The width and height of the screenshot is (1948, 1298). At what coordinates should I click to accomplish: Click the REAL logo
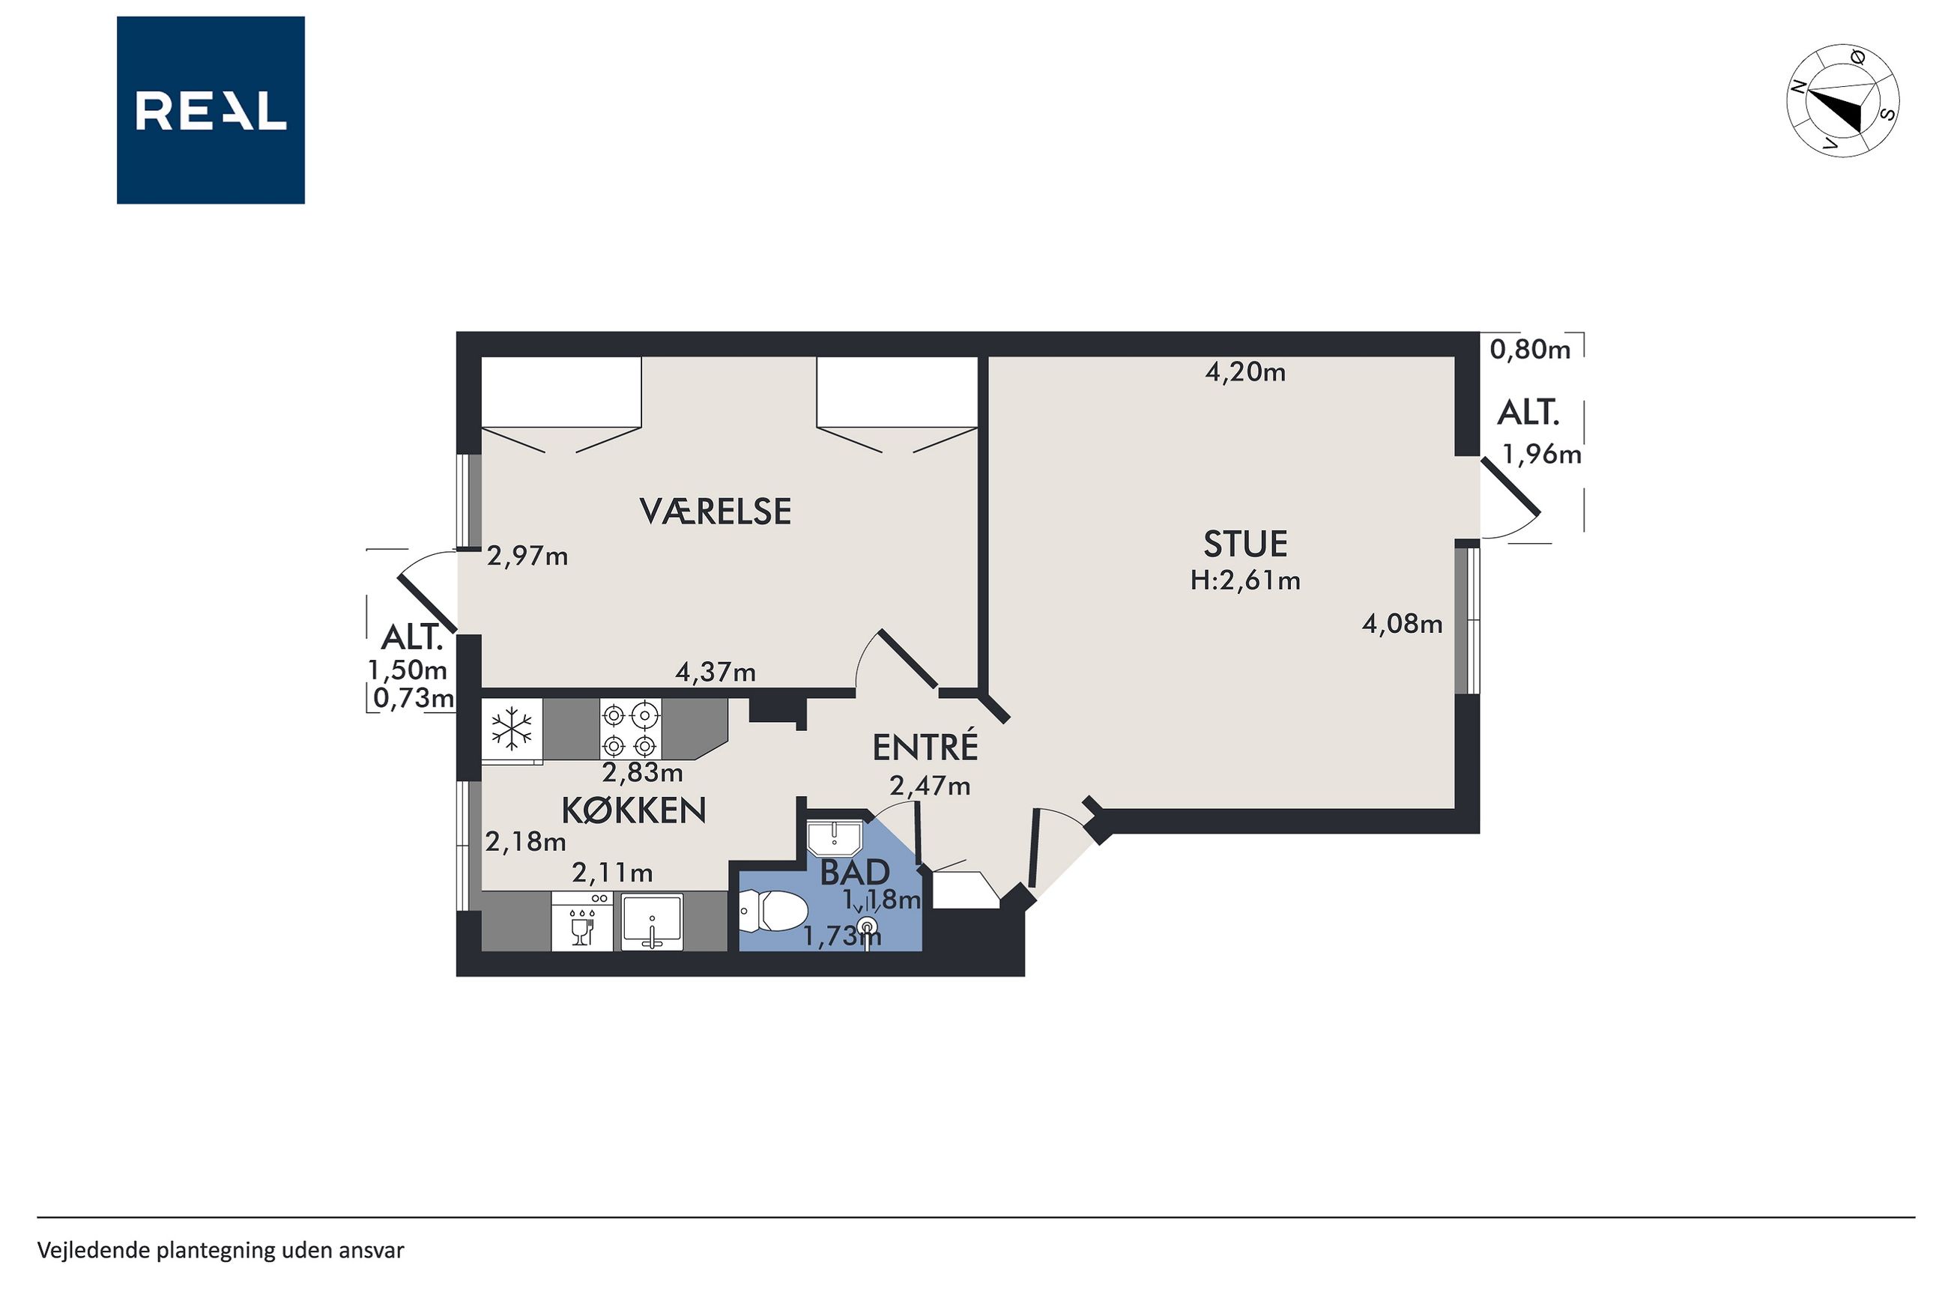211,110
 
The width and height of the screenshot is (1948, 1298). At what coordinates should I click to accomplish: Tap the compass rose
1842,100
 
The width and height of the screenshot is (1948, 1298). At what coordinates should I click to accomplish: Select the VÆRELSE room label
716,512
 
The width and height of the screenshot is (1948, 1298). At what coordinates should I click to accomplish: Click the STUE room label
1245,544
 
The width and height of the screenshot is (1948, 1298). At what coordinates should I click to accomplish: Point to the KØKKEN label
634,810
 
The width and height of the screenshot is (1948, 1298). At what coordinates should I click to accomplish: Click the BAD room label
854,872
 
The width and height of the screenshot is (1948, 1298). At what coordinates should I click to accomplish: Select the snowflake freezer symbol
512,729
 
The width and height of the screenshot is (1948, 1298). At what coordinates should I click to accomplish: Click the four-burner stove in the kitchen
631,730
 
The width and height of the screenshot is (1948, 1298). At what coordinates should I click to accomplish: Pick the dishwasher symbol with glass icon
582,921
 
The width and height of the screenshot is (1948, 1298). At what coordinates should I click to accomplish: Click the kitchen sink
653,921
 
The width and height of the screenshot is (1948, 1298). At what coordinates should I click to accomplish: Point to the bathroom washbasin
835,837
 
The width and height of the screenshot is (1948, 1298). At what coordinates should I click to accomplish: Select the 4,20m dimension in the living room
1245,372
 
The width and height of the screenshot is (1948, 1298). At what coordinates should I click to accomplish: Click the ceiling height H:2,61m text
1245,580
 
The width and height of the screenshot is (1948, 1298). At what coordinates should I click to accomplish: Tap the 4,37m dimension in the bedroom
716,672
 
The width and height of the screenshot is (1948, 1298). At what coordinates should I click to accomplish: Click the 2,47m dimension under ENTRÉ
930,786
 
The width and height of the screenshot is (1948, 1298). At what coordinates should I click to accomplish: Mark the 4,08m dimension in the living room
1403,623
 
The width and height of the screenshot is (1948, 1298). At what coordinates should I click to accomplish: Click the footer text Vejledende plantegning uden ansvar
221,1250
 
